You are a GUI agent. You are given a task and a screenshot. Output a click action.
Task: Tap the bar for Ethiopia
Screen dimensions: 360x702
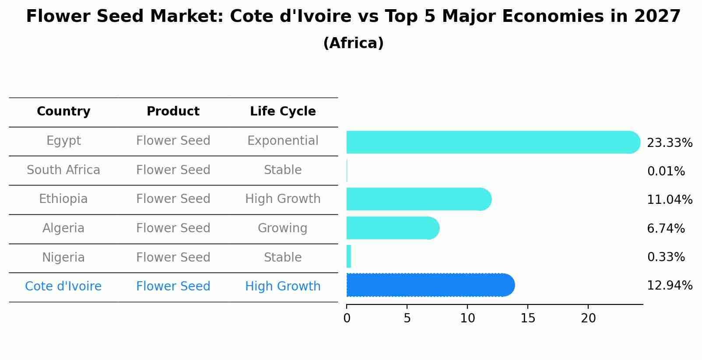pos(418,199)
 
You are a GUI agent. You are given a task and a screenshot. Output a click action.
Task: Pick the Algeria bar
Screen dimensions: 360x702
pos(392,228)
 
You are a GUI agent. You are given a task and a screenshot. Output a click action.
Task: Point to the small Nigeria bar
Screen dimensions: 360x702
pos(349,256)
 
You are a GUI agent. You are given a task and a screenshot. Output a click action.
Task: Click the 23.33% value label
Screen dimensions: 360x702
pos(669,143)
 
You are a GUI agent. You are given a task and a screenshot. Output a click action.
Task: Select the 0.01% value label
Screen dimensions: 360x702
pos(666,171)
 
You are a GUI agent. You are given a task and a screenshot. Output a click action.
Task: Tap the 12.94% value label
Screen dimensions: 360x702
pos(669,286)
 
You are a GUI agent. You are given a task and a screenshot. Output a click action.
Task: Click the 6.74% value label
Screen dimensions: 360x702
pos(666,228)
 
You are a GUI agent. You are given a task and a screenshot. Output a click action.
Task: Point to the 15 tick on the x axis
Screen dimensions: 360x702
pos(528,318)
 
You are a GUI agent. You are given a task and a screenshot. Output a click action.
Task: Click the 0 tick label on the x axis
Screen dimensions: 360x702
pos(347,318)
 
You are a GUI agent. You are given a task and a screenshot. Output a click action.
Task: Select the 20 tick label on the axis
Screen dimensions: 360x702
pos(588,318)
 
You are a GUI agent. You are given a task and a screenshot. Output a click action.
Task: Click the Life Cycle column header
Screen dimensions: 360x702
pos(283,112)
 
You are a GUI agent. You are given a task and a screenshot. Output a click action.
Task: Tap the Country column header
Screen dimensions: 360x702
pos(63,112)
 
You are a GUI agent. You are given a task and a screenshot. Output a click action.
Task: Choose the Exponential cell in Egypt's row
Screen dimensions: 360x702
pos(283,141)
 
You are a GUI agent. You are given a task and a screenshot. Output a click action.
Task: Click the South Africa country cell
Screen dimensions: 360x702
pos(63,170)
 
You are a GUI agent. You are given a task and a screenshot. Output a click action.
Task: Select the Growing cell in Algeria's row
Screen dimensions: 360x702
pos(283,228)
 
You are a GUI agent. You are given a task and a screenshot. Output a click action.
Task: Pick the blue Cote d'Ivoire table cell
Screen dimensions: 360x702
pos(63,287)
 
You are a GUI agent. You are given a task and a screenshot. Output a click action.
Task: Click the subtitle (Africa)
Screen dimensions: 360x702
pos(353,43)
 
